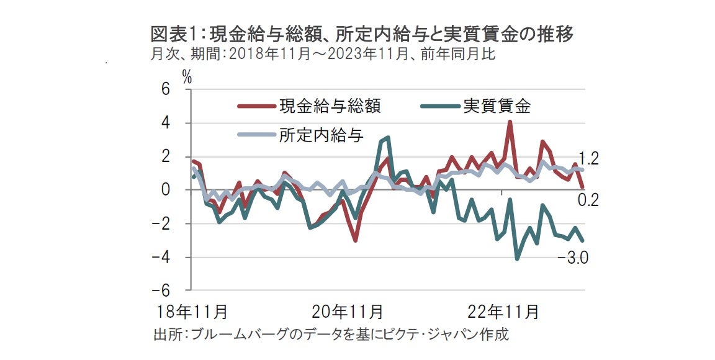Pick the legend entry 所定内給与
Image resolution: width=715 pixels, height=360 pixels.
[x=321, y=135]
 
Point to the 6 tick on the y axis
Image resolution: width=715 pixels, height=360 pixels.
[x=165, y=90]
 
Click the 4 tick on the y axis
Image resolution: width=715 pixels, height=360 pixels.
[x=165, y=124]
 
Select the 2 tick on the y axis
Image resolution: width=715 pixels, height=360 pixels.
[x=165, y=157]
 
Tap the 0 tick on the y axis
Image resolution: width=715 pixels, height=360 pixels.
[x=165, y=190]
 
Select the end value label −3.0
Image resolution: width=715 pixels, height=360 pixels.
[x=573, y=256]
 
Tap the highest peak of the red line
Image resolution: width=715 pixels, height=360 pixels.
[x=510, y=122]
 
